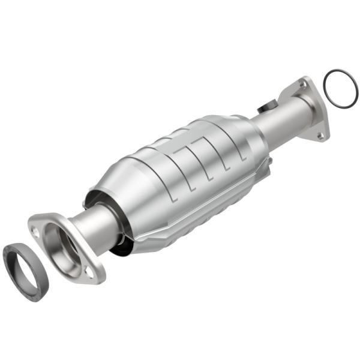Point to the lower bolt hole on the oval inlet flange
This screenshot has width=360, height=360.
click(89, 273)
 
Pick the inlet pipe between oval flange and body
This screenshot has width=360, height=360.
click(99, 222)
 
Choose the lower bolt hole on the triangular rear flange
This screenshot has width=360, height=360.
click(322, 136)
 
